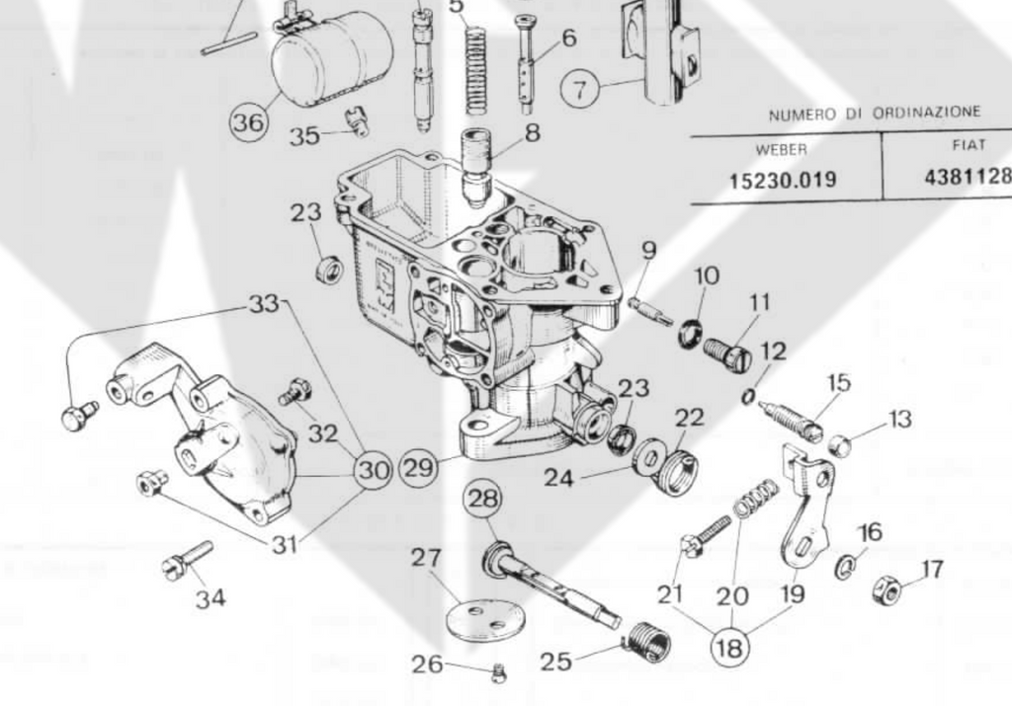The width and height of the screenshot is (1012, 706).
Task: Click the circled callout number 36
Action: point(249,123)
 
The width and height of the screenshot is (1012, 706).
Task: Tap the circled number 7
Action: point(580,90)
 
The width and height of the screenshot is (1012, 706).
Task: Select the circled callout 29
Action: point(419,467)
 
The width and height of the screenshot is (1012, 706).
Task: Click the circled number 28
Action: point(483,499)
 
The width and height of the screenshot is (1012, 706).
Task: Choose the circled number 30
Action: point(373,471)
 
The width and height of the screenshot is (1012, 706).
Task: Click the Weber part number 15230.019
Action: point(783,181)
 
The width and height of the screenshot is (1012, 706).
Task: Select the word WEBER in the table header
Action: point(781,149)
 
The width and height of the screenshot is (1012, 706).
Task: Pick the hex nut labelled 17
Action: point(887,591)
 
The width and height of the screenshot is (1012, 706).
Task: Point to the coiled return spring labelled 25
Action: point(649,642)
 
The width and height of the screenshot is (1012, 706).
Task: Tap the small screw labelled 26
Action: point(499,673)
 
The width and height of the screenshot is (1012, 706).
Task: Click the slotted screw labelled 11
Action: point(727,353)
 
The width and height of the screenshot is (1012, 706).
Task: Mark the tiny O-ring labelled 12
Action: point(750,396)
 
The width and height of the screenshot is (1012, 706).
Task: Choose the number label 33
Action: point(264,304)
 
